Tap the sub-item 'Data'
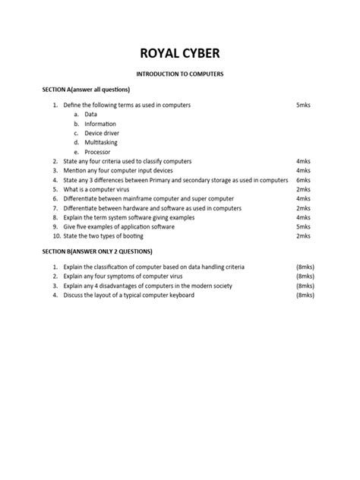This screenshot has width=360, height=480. coord(90,114)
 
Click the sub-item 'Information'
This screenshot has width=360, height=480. coord(100,123)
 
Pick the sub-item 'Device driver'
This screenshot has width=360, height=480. coord(102,133)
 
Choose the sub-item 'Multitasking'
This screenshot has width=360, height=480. coord(101,142)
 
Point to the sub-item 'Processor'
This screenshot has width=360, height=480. coord(98,152)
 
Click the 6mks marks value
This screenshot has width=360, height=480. coord(303,180)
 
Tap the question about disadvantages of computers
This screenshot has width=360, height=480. coord(148,286)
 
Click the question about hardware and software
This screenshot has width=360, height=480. coord(152,207)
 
